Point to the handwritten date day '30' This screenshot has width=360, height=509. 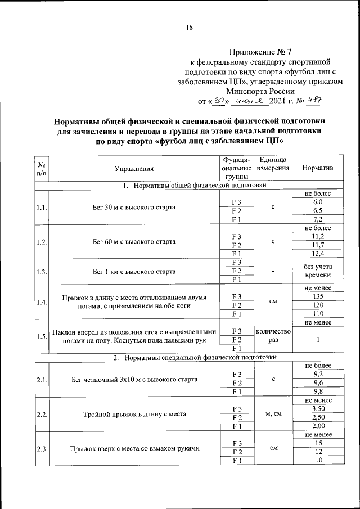(x=216, y=101)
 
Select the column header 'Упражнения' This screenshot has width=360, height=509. (x=134, y=168)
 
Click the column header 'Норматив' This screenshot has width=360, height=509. (x=318, y=168)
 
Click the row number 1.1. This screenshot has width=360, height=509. (x=41, y=208)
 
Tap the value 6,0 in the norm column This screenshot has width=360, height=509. (x=318, y=202)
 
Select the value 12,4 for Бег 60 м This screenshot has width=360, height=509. (x=318, y=254)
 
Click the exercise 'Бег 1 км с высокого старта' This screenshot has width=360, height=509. (x=134, y=271)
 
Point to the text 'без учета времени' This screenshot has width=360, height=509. (x=318, y=271)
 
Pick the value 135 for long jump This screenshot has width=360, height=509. (x=318, y=296)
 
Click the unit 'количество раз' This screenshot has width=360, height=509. (x=273, y=336)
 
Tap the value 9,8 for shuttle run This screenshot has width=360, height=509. (x=318, y=391)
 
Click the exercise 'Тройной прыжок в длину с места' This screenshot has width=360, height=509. (x=134, y=414)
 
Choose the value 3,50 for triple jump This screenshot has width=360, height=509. (x=318, y=408)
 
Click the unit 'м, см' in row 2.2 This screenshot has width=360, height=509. (x=273, y=414)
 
